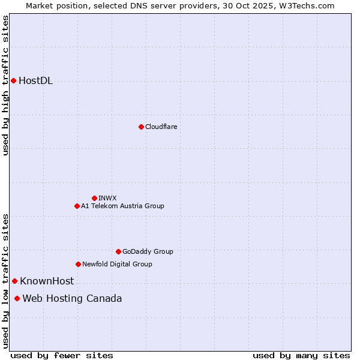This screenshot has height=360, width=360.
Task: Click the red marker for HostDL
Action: coord(13,80)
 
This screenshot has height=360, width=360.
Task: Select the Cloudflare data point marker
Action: coord(141,127)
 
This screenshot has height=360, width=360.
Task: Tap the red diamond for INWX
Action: coord(94,198)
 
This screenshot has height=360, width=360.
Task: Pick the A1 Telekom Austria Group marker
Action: coord(77,206)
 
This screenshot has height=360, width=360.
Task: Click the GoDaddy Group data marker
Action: coord(118,251)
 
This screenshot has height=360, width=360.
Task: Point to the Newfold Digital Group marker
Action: coord(78,264)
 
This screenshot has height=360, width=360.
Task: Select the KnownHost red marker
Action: coord(14,281)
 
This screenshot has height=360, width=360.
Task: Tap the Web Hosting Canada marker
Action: coord(17,298)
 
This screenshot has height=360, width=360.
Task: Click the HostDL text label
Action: coord(36,81)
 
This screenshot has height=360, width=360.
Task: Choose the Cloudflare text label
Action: coord(161,127)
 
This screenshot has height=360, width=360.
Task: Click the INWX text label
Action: coord(107,198)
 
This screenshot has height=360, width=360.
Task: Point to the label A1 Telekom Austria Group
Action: coord(122,206)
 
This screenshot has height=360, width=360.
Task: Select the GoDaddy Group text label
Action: coord(148,251)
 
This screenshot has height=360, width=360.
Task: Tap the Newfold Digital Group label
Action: coord(117,264)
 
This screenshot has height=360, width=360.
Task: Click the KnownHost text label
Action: coord(47,281)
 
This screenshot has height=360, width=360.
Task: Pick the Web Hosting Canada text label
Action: coord(72,298)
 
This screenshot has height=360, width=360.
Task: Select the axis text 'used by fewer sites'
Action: coord(62,355)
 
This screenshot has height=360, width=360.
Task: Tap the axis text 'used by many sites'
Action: coord(301,355)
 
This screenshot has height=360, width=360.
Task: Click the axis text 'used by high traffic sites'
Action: coord(5,85)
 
